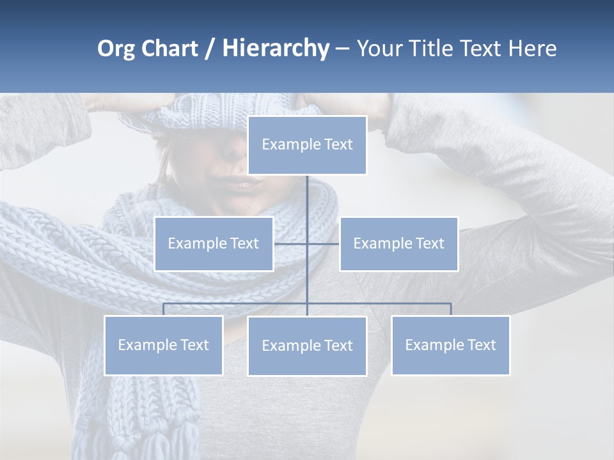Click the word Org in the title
point(116,49)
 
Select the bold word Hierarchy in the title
point(276,49)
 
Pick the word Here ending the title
point(532,49)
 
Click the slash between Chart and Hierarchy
point(210,49)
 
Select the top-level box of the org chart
point(307,145)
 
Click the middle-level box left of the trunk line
point(214,243)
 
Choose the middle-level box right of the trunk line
point(398,243)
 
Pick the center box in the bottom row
point(307,346)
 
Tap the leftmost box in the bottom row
point(163,345)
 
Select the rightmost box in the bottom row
point(450,345)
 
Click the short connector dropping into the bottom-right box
point(451,309)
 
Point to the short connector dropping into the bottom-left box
point(163,309)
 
